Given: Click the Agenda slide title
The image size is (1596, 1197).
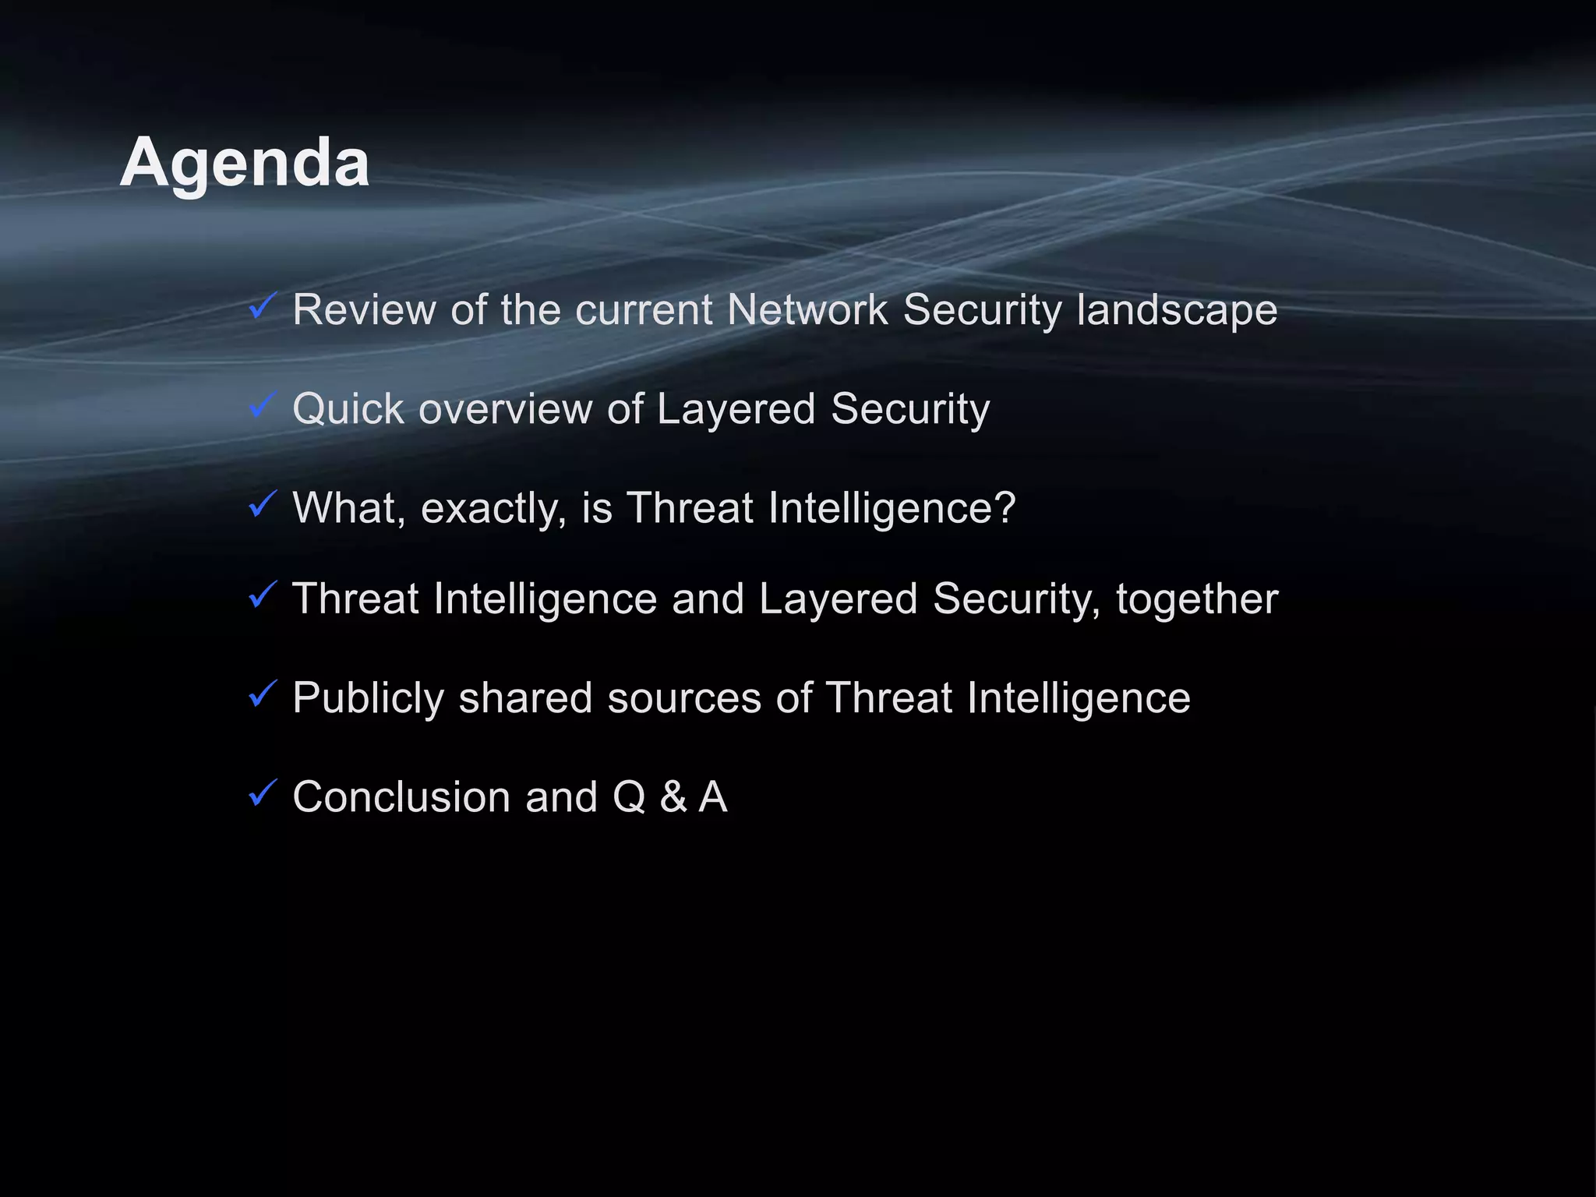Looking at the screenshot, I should click(x=245, y=162).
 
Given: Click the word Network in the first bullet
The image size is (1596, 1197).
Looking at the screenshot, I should click(x=807, y=309).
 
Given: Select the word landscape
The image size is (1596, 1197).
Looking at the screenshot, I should click(x=1177, y=311).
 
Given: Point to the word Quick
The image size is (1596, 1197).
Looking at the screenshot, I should click(x=348, y=409).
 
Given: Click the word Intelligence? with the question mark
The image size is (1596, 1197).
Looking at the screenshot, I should click(x=892, y=509).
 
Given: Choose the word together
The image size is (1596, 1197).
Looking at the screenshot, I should click(x=1197, y=599).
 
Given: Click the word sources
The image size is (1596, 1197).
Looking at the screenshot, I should click(x=684, y=698).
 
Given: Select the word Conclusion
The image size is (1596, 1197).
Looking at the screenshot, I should click(x=401, y=796).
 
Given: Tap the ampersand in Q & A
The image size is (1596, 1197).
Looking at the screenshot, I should click(x=673, y=796).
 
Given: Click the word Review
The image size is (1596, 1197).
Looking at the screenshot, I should click(x=364, y=309).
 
